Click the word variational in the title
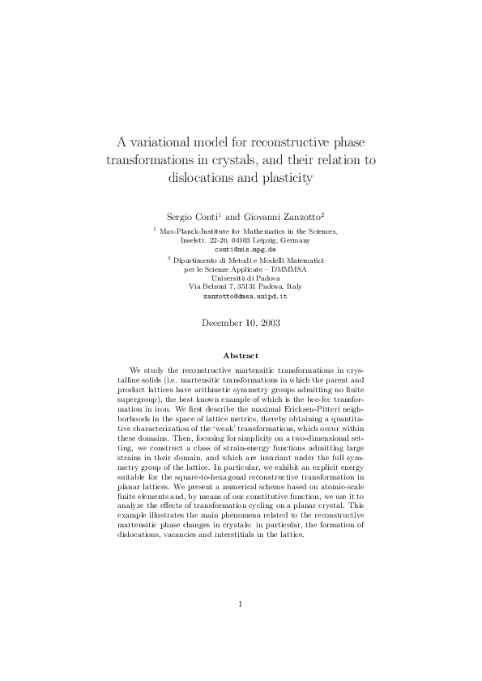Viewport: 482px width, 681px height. click(169, 140)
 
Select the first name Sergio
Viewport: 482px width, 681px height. click(181, 217)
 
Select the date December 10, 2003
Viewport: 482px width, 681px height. click(241, 324)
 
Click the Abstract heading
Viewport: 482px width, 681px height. click(241, 355)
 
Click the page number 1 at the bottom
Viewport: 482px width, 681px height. click(241, 625)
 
